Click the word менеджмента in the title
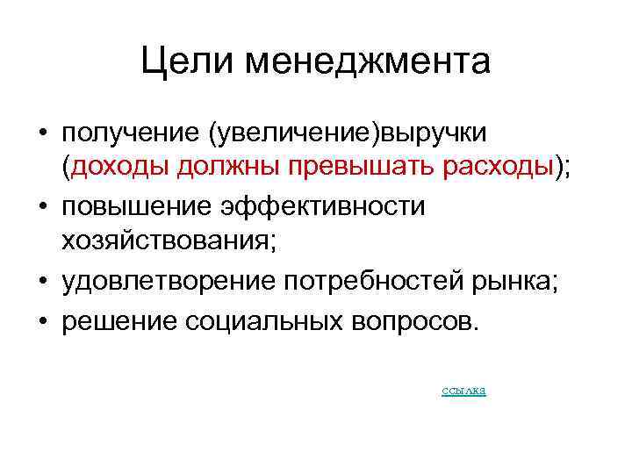[x=368, y=62]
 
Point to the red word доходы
[x=125, y=167]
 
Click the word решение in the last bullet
[x=118, y=320]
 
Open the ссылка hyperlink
[x=463, y=390]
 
